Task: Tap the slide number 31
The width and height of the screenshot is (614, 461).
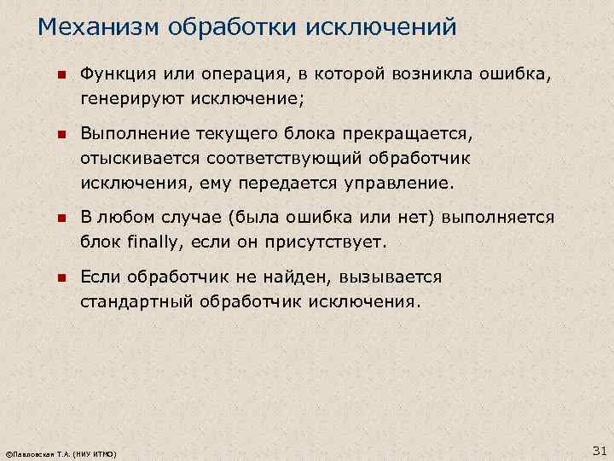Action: click(x=598, y=451)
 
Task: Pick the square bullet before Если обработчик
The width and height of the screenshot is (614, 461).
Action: click(x=61, y=279)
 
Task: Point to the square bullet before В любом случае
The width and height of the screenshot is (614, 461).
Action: click(x=61, y=219)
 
